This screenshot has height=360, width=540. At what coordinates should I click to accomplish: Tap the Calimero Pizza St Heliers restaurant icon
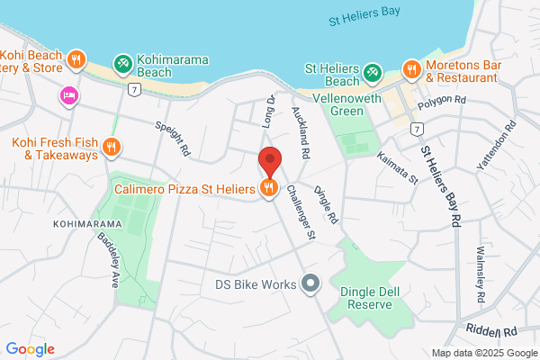pyautogui.click(x=267, y=188)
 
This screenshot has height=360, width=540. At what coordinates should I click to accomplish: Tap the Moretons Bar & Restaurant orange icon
pyautogui.click(x=411, y=68)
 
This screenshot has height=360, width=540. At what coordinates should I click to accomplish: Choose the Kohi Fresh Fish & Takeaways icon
pyautogui.click(x=112, y=147)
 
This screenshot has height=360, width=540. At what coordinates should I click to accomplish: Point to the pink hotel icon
pyautogui.click(x=68, y=95)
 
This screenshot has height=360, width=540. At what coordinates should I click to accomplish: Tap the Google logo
pyautogui.click(x=30, y=349)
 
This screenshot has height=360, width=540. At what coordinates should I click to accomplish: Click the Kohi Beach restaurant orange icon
pyautogui.click(x=77, y=58)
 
